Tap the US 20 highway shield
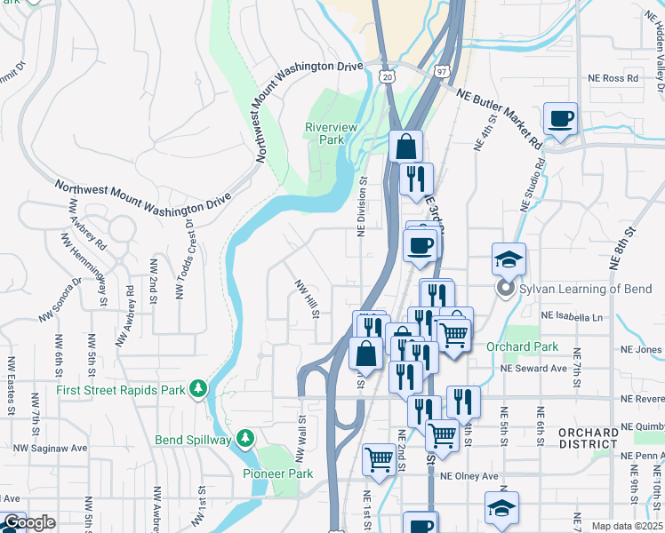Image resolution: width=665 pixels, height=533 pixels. (387, 77)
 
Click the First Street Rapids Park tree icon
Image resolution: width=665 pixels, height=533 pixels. (202, 388)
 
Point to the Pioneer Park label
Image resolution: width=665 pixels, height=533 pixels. (278, 473)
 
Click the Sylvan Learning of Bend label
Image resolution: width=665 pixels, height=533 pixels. (587, 289)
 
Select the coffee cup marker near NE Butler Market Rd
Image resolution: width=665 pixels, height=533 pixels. (561, 118)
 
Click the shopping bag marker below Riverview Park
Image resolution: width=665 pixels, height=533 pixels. (405, 146)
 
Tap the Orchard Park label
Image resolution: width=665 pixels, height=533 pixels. (523, 346)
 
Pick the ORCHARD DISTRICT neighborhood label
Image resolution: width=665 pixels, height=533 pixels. (588, 438)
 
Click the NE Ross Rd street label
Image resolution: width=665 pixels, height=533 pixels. (613, 78)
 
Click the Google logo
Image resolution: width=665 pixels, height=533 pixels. (28, 522)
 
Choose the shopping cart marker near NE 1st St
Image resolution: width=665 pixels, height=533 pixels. (380, 459)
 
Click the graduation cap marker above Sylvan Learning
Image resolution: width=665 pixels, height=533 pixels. (509, 259)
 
